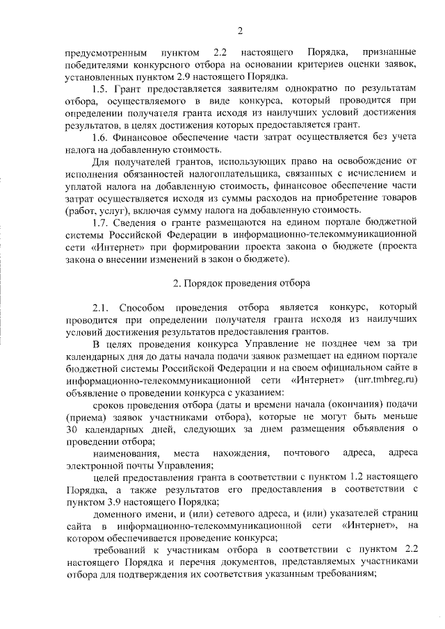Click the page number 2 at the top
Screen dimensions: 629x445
[x=240, y=29]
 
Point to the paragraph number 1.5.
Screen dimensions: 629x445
[x=102, y=88]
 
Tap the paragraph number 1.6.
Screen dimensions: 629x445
[x=102, y=137]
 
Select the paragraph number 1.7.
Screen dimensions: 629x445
[x=102, y=222]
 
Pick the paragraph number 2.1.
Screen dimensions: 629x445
[x=102, y=307]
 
